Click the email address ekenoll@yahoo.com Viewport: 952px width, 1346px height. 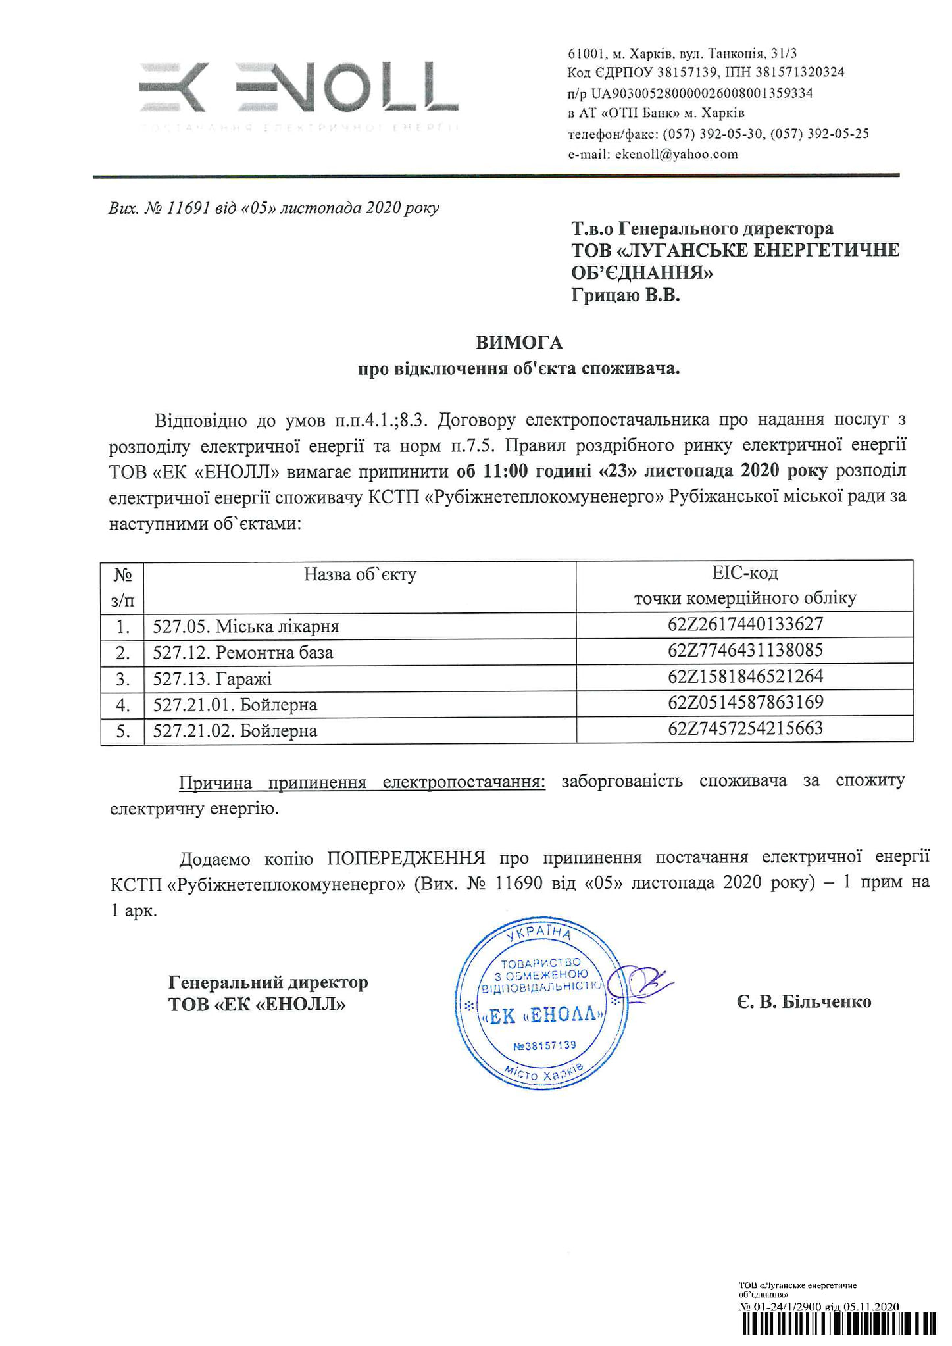676,155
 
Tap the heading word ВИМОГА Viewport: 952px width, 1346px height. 519,343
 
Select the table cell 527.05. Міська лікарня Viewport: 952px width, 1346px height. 246,626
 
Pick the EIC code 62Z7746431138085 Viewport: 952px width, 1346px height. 745,651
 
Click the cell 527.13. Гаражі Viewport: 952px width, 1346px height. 212,678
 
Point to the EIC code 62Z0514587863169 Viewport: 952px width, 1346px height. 745,703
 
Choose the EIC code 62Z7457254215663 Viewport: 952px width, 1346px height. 745,728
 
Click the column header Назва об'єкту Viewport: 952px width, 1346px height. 360,575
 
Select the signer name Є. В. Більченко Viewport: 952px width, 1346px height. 804,1002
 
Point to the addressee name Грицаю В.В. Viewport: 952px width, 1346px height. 625,296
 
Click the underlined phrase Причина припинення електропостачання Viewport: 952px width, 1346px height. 362,782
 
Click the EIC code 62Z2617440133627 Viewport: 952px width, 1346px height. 745,624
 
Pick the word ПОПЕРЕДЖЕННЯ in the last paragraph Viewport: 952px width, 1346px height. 406,858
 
